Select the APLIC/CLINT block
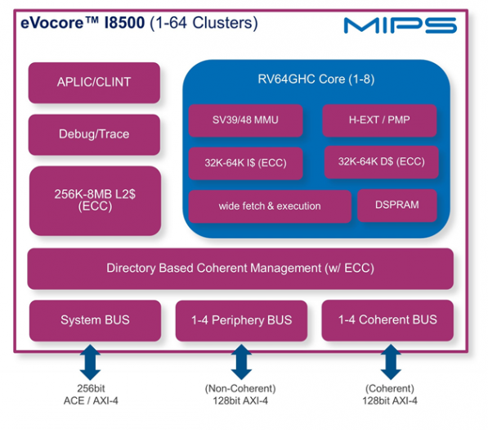coord(94,82)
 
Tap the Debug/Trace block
coord(94,134)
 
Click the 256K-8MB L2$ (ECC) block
coord(94,199)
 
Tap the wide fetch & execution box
coord(270,206)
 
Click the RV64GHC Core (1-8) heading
coord(316,79)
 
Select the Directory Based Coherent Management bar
coord(240,269)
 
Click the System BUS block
coord(95,320)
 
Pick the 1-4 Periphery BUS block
coord(241,320)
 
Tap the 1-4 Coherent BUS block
coord(387,320)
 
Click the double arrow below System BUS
coord(89,362)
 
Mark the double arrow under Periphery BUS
coord(241,362)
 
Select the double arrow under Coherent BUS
coord(390,362)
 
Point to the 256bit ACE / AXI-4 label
coord(89,395)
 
